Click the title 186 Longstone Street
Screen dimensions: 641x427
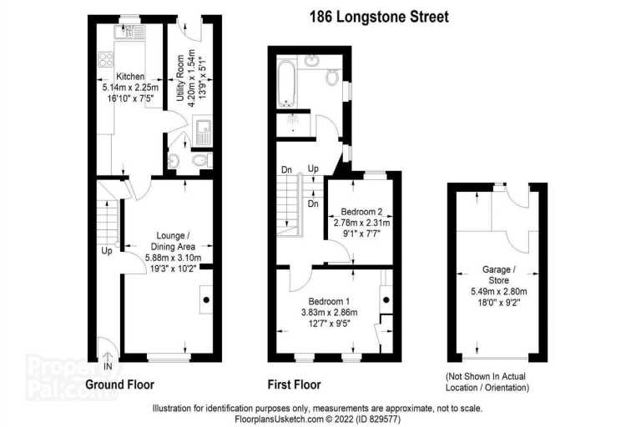tap(379, 17)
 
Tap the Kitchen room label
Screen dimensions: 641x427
tap(130, 77)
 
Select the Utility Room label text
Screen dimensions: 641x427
tap(180, 78)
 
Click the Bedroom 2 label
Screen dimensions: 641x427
tap(361, 212)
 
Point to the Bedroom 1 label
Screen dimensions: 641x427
tap(329, 302)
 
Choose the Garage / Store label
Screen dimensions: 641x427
tap(499, 274)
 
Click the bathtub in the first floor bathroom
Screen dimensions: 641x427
tap(285, 83)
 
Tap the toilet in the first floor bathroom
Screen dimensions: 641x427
tap(332, 77)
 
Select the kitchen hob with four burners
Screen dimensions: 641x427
tap(105, 60)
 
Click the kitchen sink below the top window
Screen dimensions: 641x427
tap(129, 32)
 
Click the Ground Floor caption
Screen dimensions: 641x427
tap(120, 384)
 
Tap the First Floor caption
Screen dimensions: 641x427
tap(294, 384)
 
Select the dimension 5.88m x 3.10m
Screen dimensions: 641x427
tap(173, 258)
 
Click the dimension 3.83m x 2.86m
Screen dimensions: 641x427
tap(329, 313)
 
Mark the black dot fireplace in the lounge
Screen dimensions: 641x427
tap(206, 299)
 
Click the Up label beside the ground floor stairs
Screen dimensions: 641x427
tap(107, 250)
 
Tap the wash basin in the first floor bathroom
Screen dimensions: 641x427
tap(312, 61)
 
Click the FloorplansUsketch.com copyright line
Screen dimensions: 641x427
tap(318, 419)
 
